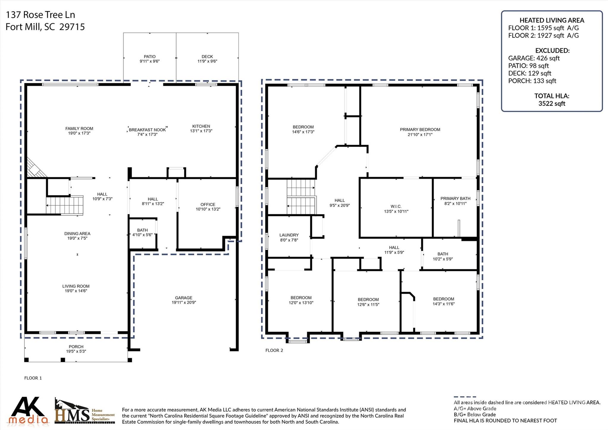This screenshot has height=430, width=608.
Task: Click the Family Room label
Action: (79, 129)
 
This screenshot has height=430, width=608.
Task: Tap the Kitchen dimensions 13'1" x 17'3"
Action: (201, 131)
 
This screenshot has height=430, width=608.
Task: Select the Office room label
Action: (208, 204)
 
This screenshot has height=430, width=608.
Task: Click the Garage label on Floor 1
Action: (183, 298)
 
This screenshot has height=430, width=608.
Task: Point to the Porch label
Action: (76, 347)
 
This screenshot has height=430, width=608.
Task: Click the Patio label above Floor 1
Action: (150, 56)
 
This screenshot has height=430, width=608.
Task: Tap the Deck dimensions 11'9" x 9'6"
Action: (207, 61)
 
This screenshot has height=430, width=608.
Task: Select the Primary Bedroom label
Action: (420, 130)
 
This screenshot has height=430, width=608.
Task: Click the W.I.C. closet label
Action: (396, 207)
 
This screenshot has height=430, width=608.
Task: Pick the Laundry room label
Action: (289, 235)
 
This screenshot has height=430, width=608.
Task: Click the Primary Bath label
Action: (455, 199)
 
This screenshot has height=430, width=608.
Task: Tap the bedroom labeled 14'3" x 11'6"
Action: (444, 301)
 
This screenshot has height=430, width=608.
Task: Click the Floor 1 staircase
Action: (65, 205)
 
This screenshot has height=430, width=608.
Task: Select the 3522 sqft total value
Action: (552, 103)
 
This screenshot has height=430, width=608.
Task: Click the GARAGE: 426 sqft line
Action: (534, 58)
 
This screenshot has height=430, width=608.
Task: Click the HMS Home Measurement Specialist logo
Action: (85, 411)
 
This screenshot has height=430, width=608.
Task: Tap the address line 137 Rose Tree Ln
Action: (40, 15)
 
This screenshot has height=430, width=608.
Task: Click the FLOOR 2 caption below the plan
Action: (274, 350)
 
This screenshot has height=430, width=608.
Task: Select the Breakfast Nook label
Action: (147, 130)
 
